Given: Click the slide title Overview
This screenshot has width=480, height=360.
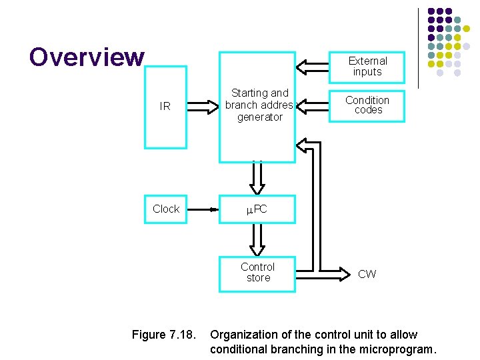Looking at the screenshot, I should [x=87, y=57].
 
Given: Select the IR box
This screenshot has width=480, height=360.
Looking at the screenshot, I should [x=165, y=106].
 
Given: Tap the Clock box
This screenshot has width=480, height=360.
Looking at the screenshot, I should [x=165, y=209].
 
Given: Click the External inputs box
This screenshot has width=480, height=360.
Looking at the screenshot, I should [x=367, y=66].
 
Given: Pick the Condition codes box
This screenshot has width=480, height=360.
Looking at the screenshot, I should [x=367, y=105].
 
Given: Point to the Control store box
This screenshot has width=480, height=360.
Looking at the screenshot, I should [x=257, y=272].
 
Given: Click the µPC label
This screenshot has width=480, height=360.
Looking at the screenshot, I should [x=257, y=209].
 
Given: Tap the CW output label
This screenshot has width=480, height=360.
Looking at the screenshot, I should [x=367, y=274].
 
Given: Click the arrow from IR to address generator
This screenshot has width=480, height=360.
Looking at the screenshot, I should [x=203, y=105].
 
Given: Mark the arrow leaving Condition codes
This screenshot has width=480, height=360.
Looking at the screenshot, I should [x=312, y=105].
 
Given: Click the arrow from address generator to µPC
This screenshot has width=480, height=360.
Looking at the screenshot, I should [x=257, y=178].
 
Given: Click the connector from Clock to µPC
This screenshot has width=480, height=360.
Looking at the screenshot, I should [x=203, y=209].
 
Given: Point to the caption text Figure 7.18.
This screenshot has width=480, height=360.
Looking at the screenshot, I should [x=163, y=335].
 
